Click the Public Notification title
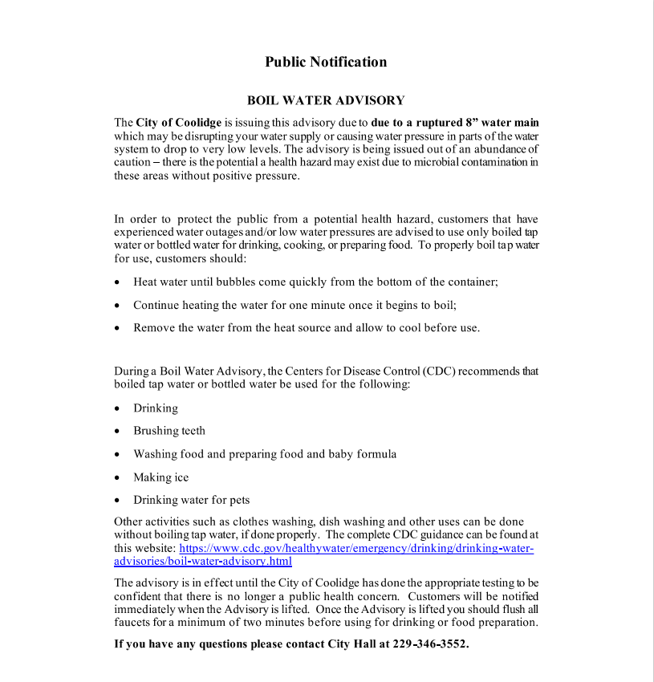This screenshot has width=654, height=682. point(326,63)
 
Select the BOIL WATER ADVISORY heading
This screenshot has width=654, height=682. point(326,101)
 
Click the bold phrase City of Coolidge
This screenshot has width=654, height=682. point(178,123)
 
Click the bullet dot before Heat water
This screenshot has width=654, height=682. point(117,282)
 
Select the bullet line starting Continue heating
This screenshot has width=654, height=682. point(295,305)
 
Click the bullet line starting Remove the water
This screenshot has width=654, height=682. point(307,327)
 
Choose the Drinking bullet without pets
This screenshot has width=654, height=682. point(156,408)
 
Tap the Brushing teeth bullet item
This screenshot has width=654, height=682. point(169,431)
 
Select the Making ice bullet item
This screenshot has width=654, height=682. point(161,477)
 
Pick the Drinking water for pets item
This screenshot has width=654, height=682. point(192,500)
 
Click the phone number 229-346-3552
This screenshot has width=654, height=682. point(430,644)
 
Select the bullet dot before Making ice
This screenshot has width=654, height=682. point(117,477)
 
